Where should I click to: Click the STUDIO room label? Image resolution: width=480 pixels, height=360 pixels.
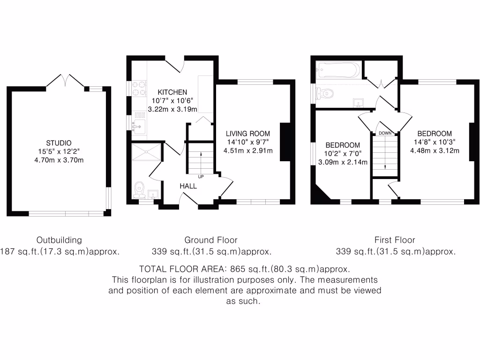coord(59,143)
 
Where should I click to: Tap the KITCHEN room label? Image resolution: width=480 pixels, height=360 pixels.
coord(172,92)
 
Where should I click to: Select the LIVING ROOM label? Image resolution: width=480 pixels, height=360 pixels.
coord(248,134)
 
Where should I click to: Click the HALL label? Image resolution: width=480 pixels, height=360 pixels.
coord(188,186)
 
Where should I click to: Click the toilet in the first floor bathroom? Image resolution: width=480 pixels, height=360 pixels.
coord(325,94)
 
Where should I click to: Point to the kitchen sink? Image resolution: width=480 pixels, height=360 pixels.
coord(139,125)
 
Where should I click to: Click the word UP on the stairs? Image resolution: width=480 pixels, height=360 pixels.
coord(201,177)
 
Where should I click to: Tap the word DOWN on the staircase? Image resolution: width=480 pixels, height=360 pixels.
coord(385,133)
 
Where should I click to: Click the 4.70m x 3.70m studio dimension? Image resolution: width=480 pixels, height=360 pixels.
coord(59,160)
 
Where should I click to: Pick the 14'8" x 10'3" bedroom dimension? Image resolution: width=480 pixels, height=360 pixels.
coord(435,142)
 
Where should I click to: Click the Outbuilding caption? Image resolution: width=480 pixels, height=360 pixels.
coord(59,240)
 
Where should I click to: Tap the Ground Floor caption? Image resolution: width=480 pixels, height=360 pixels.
coord(211,240)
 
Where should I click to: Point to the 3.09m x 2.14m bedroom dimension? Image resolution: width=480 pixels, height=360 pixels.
coord(343,162)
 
